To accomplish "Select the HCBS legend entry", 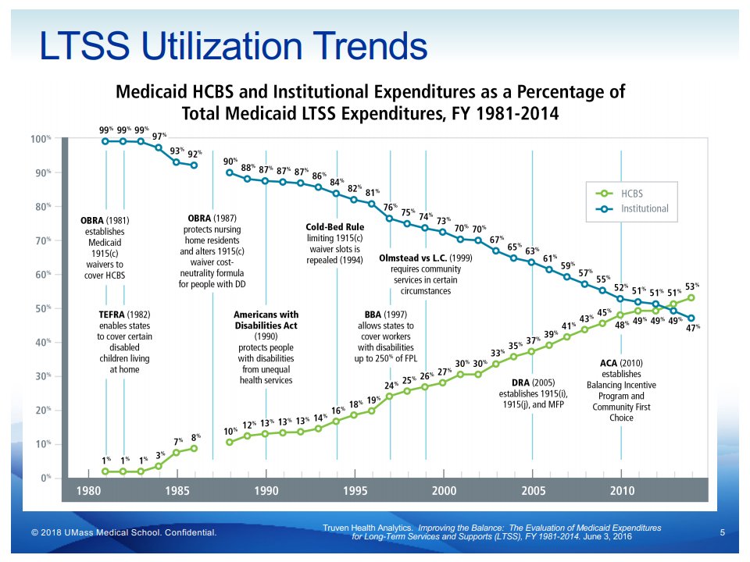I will pos(631,193).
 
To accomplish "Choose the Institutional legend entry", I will pos(645,208).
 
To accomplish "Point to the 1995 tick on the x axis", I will pos(355,491).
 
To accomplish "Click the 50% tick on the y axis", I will pos(41,309).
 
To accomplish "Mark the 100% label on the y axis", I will pos(40,139).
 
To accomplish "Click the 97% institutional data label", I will pos(159,136).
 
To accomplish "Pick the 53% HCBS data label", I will pos(691,286).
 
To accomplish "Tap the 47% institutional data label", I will pos(692,328).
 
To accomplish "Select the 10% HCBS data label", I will pos(230,431).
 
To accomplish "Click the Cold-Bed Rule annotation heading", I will pos(334,227).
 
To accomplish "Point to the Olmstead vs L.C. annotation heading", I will pos(426,258).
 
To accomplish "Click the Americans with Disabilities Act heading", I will pos(266,320).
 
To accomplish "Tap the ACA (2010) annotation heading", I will pos(621,363).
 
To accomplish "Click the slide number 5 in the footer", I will pos(722,532).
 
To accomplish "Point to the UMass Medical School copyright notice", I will pos(123,532).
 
